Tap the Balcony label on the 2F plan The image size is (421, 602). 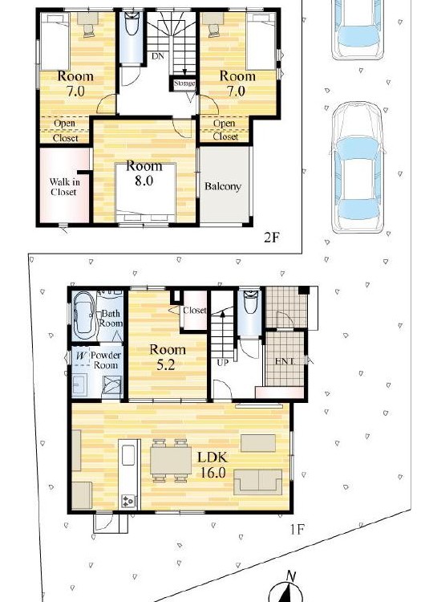point(223,186)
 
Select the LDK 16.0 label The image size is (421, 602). point(213,465)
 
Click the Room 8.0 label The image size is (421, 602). point(144,173)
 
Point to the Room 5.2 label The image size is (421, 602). point(167,356)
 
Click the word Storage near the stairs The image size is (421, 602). point(184,83)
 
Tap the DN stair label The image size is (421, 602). point(158,56)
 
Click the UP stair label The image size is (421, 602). point(223,362)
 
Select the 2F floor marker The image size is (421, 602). point(271,238)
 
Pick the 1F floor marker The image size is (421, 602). point(297,530)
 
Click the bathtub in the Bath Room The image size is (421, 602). point(84,315)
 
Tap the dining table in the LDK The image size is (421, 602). point(171,460)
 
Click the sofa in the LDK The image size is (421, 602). point(258,482)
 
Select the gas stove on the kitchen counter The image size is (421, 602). point(128,501)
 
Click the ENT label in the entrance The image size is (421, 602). point(285,361)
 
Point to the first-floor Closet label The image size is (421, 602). point(194,310)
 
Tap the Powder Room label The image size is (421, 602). point(106,360)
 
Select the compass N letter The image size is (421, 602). point(291,576)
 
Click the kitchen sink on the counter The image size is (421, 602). point(128,455)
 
